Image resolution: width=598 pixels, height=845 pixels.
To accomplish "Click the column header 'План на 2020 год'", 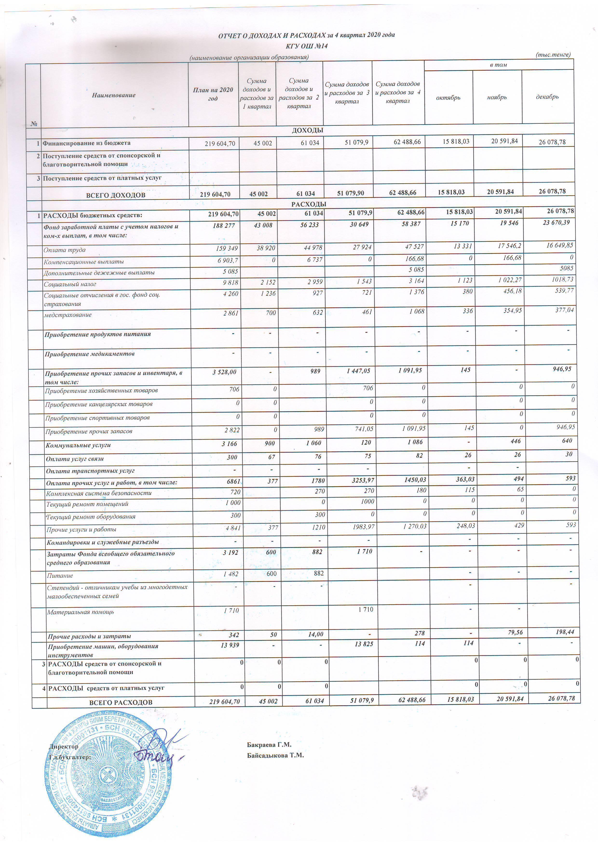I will (213, 94).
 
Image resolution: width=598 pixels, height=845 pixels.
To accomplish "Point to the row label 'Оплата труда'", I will (65, 250).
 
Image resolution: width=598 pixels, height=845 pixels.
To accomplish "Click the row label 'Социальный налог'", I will (70, 284).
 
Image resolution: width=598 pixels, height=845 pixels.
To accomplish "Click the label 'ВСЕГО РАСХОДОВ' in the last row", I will (121, 702).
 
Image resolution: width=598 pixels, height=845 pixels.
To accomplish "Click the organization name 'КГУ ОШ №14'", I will (306, 46).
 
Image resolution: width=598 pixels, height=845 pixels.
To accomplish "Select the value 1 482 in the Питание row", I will (231, 574).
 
